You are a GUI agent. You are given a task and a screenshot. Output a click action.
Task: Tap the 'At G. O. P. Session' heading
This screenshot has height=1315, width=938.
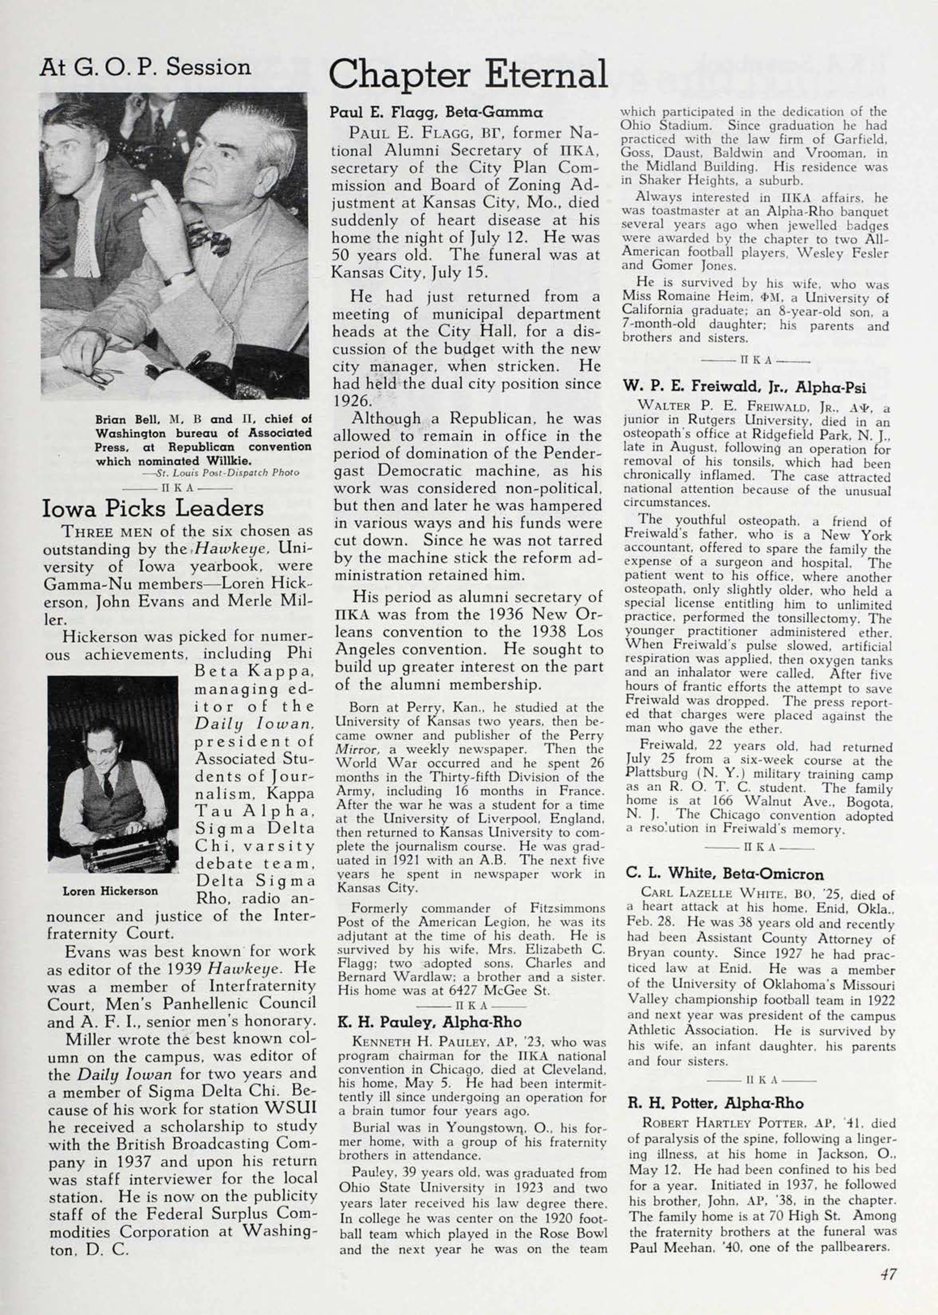pyautogui.click(x=145, y=67)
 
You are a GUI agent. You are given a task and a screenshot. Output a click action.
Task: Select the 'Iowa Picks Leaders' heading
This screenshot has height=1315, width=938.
pyautogui.click(x=153, y=508)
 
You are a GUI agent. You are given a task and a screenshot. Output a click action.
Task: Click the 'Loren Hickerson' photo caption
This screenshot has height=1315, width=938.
pyautogui.click(x=110, y=891)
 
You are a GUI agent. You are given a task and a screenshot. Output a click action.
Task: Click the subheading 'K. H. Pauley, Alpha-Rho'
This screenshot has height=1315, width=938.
pyautogui.click(x=429, y=1022)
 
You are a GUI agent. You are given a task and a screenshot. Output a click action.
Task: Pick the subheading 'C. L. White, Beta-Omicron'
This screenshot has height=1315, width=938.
pyautogui.click(x=725, y=874)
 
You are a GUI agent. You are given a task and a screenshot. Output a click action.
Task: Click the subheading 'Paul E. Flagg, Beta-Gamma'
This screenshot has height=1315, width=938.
pyautogui.click(x=436, y=112)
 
